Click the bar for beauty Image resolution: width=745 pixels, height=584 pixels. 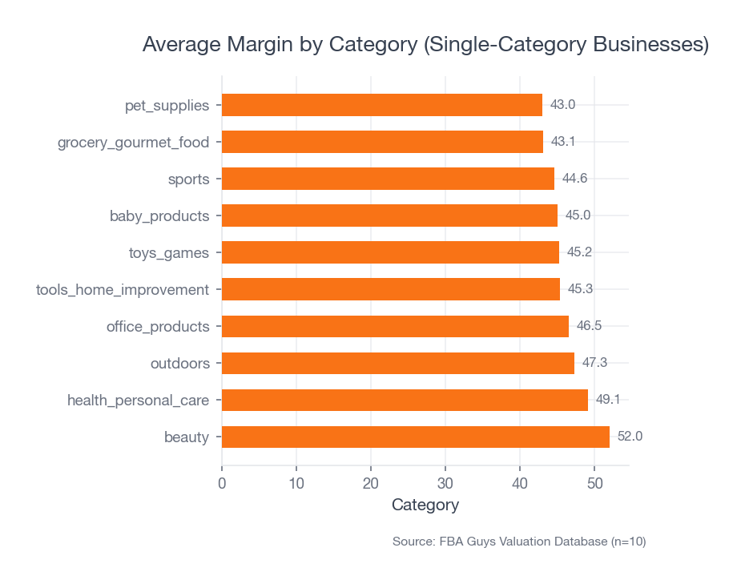(415, 437)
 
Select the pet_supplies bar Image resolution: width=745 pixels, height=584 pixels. (381, 105)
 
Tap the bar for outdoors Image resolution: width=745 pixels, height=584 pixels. (397, 363)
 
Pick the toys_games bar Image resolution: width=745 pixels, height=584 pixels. (390, 252)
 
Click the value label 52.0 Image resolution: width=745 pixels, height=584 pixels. (630, 437)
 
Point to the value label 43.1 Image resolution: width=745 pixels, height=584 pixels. (563, 142)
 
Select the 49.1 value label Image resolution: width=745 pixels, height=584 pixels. (608, 400)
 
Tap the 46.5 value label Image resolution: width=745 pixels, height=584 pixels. (589, 326)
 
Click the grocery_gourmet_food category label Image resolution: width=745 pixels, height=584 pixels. (133, 143)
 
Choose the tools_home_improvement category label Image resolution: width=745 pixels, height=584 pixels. (123, 290)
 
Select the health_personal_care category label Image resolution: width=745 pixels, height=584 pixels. (138, 401)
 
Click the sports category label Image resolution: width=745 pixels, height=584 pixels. (188, 179)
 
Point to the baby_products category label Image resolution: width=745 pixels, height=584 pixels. (159, 216)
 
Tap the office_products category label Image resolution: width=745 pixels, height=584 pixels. (158, 327)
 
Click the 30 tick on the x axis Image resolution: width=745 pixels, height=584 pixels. (445, 484)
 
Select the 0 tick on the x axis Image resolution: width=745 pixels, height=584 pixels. (222, 484)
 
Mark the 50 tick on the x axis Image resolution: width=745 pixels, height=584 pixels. (594, 484)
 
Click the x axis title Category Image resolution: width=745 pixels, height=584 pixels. (425, 505)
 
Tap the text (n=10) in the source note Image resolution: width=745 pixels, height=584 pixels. (628, 542)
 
